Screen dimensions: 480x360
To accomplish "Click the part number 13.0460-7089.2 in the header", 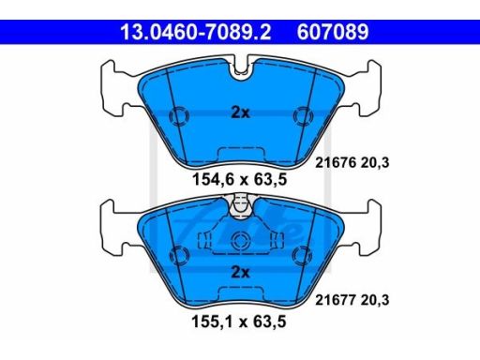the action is point(196,32).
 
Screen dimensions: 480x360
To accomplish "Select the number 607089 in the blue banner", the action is point(333,32).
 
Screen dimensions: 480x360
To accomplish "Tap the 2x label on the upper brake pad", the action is point(240,112).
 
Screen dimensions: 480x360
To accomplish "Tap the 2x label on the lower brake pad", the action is point(240,272).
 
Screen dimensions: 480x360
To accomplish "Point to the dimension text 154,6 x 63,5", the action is point(239,179).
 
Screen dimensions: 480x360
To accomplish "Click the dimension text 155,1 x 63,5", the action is point(239,322).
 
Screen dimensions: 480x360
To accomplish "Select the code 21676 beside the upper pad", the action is point(336,163).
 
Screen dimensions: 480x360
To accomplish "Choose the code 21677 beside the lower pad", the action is point(336,300).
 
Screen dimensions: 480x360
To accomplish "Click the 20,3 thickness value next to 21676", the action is point(375,163).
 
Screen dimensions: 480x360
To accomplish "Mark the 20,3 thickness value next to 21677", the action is point(375,300).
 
